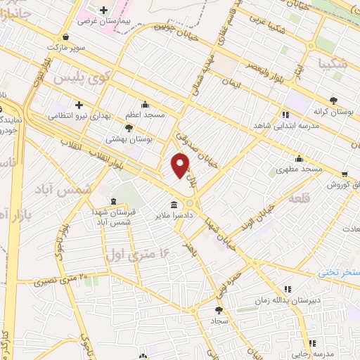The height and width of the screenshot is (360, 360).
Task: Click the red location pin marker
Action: (181, 165)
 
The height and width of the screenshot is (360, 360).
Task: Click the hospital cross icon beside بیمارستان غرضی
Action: (104, 11)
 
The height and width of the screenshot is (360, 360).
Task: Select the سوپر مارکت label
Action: (65, 47)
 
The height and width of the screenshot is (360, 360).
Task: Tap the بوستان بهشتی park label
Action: (128, 139)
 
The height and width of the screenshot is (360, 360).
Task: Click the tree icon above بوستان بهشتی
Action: (128, 127)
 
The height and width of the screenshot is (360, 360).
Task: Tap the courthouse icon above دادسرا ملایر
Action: (173, 205)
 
